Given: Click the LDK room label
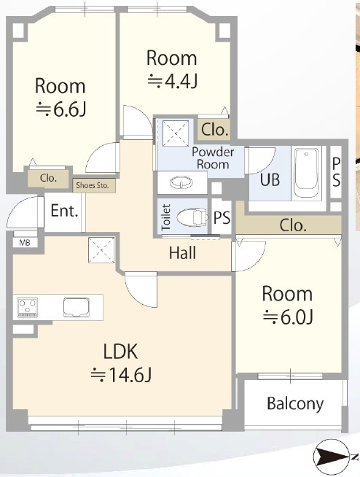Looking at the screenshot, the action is click(121, 351).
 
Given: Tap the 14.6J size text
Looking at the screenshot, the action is click(121, 375).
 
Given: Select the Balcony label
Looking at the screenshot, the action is click(295, 404).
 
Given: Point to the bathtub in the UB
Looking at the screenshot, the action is click(307, 173).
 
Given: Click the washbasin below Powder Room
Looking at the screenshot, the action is click(181, 183).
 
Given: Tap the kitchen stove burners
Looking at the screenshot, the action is click(28, 307).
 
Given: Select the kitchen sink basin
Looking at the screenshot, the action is click(77, 307).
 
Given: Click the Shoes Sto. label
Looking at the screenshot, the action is click(93, 185).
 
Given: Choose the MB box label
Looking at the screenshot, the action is click(25, 243).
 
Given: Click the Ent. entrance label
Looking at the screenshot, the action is click(64, 211).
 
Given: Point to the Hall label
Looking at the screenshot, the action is click(182, 253).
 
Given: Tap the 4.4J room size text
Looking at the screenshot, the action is click(173, 82).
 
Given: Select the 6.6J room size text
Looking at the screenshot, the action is click(61, 109).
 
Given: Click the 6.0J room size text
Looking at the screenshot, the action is click(288, 317).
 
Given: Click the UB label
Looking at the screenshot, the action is click(270, 179).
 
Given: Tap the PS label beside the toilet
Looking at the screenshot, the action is click(222, 217).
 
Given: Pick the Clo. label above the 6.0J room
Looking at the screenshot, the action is click(293, 225).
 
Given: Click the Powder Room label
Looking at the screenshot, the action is click(213, 158).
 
